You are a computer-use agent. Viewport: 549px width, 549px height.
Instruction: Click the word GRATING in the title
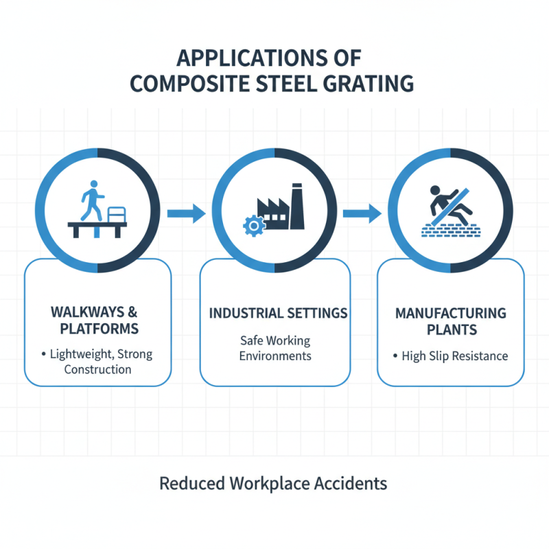click(366, 84)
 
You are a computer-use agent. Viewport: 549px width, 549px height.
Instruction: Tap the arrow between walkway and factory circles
click(187, 213)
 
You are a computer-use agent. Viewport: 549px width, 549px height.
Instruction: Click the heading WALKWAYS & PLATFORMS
click(99, 320)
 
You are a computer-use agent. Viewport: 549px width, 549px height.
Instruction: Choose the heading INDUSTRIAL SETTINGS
click(278, 313)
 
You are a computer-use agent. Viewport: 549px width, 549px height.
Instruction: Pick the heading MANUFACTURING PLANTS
click(450, 321)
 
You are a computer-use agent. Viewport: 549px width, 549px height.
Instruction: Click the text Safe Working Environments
click(275, 349)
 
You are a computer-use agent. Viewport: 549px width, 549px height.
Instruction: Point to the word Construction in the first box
click(97, 369)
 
